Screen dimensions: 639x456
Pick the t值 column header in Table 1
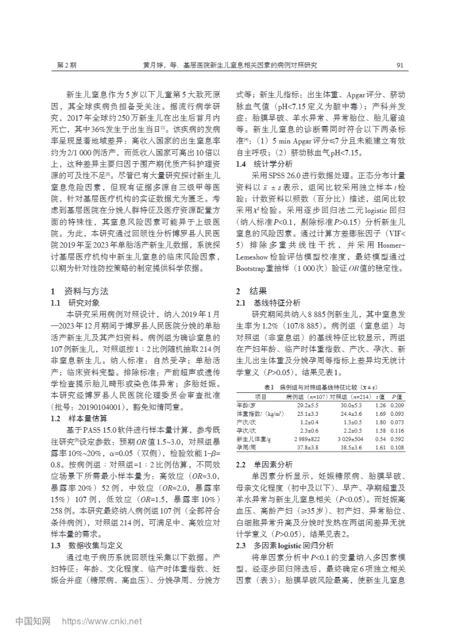pyautogui.click(x=381, y=396)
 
